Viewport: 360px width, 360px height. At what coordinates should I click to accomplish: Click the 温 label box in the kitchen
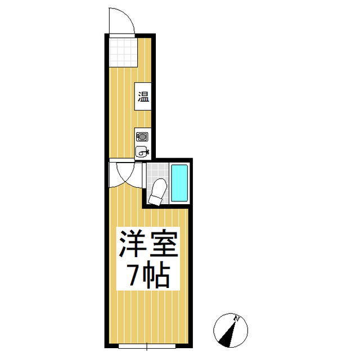(143, 97)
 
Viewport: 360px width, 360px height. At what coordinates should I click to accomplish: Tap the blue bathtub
(179, 183)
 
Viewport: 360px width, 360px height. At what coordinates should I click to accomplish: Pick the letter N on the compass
(238, 319)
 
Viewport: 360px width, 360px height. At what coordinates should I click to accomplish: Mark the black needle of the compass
(228, 336)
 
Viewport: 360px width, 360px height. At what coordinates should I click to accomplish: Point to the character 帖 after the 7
(157, 276)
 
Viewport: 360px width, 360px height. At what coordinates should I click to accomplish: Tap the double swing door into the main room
(122, 175)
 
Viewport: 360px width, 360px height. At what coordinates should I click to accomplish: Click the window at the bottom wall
(147, 346)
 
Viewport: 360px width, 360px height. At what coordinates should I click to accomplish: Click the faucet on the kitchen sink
(146, 150)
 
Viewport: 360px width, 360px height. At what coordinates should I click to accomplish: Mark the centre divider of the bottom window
(147, 346)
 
